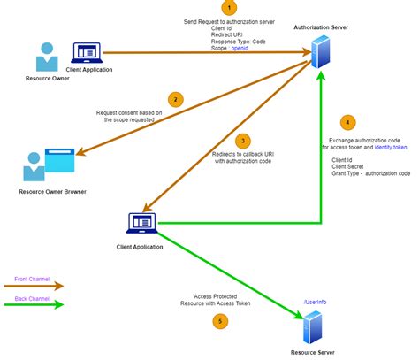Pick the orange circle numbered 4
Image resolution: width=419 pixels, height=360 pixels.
(348, 122)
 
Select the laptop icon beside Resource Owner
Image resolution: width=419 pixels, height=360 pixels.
(85, 54)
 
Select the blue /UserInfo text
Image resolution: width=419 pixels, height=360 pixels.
(316, 302)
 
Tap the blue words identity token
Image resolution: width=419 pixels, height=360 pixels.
(391, 148)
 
